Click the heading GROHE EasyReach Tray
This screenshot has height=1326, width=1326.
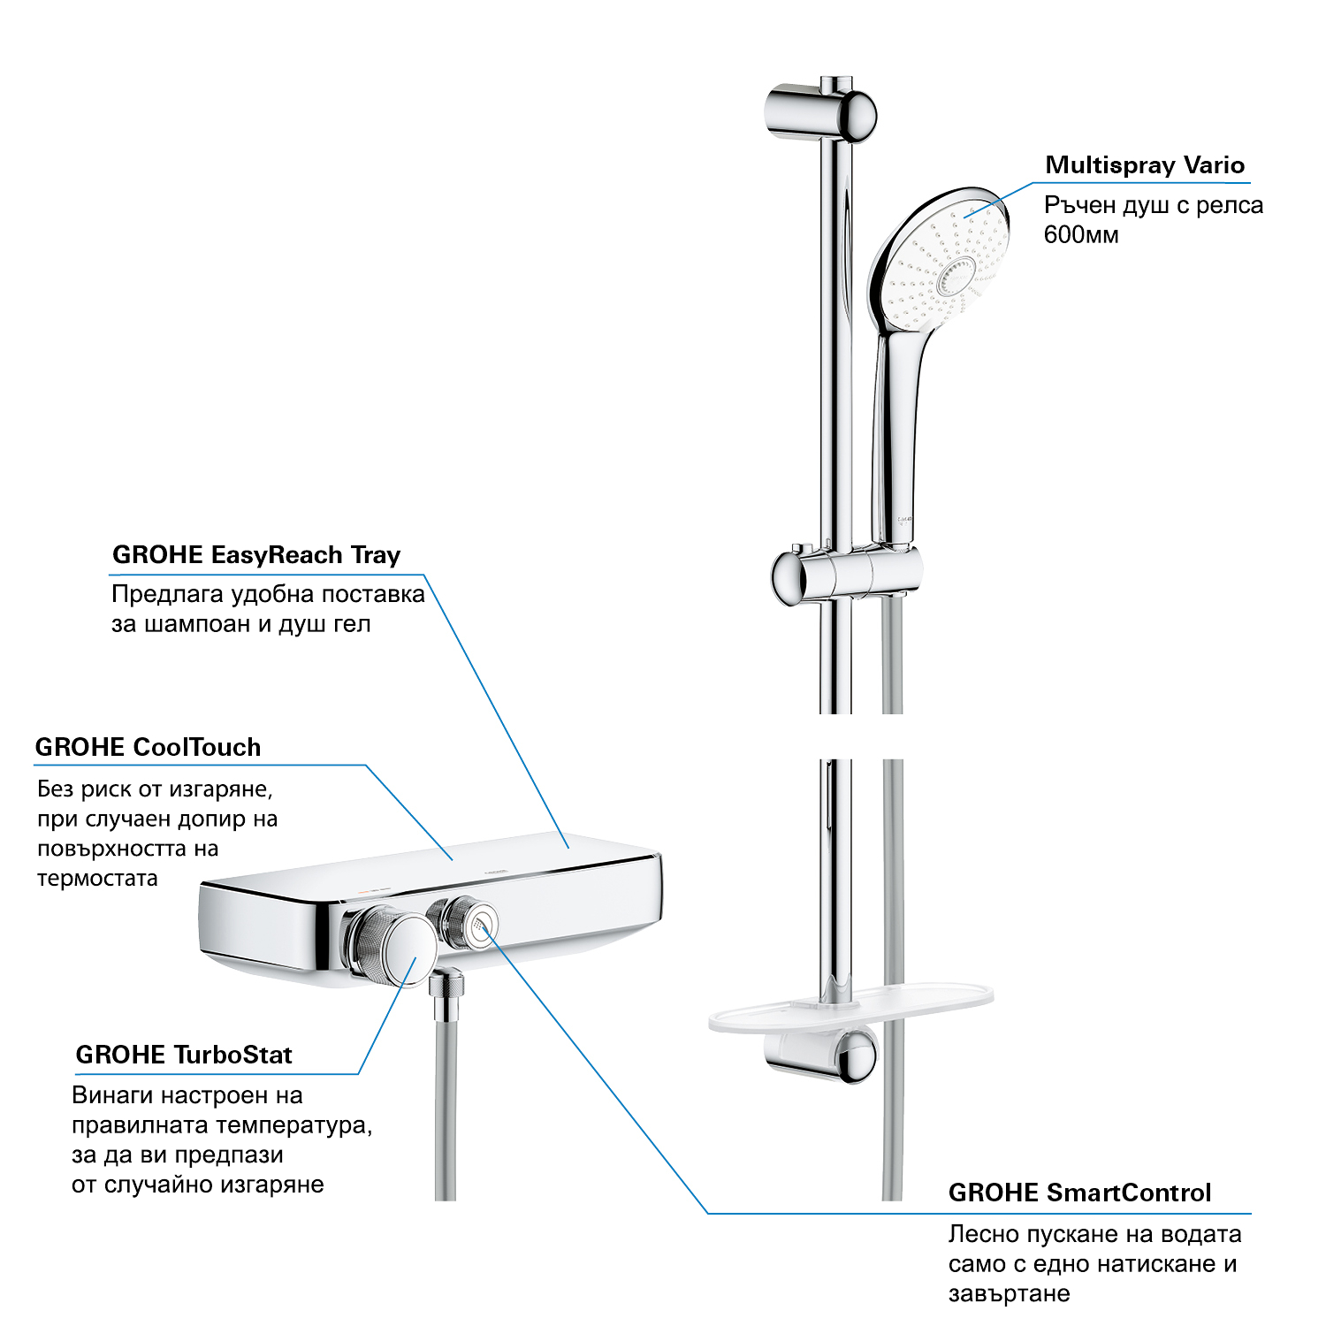256,555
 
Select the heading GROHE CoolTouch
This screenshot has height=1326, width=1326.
148,748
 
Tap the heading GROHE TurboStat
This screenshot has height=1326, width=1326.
184,1055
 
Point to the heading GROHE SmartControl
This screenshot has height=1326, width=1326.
1079,1193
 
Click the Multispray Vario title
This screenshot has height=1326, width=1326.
1145,165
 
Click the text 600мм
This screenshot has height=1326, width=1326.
1081,235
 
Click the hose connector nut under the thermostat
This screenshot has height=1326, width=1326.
447,986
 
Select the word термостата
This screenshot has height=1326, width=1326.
97,879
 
